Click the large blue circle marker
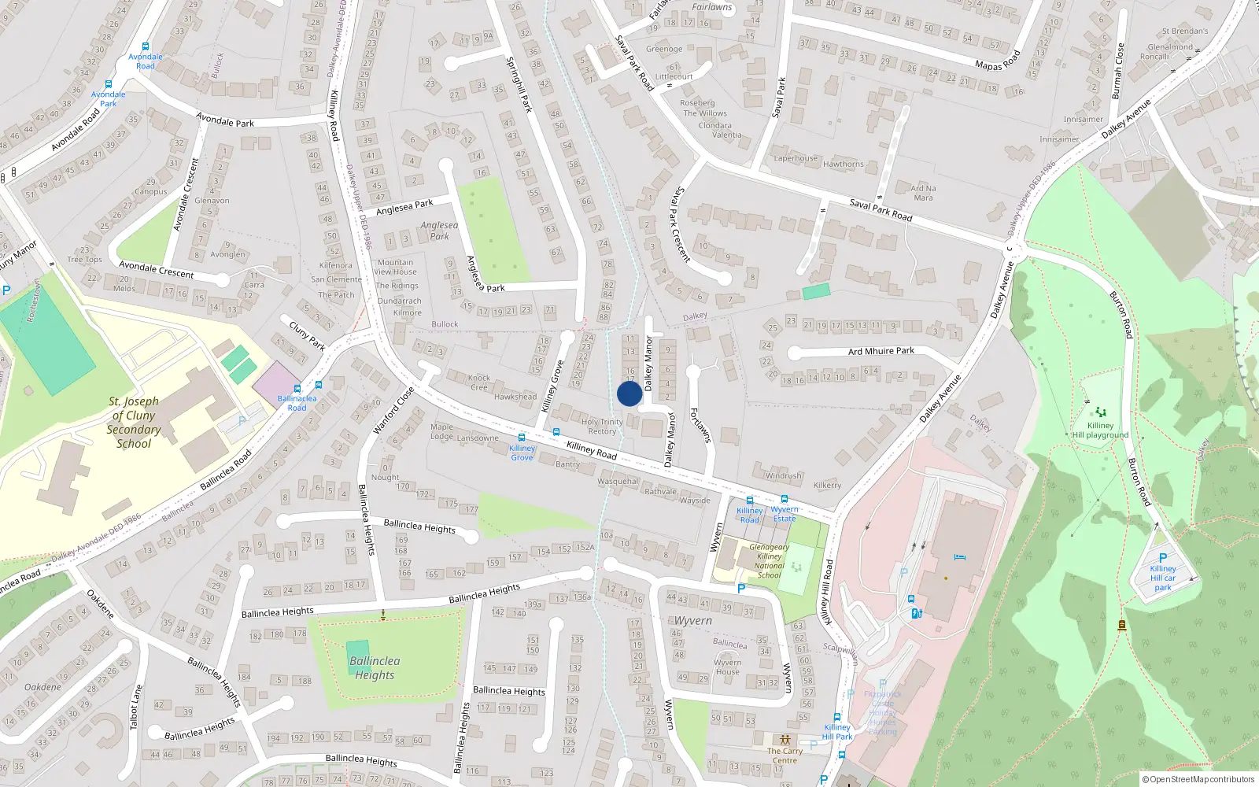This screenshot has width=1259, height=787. click(x=629, y=393)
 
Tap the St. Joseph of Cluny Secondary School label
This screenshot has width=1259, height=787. click(x=134, y=423)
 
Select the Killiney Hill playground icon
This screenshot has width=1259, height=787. click(x=1100, y=412)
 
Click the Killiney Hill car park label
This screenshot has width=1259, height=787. click(x=1163, y=578)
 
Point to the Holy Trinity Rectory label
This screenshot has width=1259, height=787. click(x=602, y=427)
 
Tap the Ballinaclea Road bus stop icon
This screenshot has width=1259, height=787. click(x=297, y=388)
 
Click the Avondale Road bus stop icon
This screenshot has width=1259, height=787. click(x=145, y=47)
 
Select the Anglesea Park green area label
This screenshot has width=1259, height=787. click(x=439, y=230)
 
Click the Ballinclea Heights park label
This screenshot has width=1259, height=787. click(x=375, y=667)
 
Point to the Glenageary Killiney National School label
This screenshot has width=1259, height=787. click(x=769, y=561)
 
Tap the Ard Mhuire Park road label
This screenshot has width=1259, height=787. click(x=881, y=351)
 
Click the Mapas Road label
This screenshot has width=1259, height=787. click(x=997, y=61)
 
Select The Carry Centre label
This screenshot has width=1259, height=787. click(x=785, y=756)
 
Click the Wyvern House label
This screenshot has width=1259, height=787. click(x=727, y=667)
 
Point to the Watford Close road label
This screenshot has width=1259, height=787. click(x=393, y=410)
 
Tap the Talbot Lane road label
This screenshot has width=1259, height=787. click(x=136, y=707)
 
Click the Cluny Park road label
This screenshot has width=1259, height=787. click(x=307, y=335)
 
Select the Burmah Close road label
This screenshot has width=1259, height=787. click(x=1117, y=71)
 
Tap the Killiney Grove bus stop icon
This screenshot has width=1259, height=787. click(x=521, y=438)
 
